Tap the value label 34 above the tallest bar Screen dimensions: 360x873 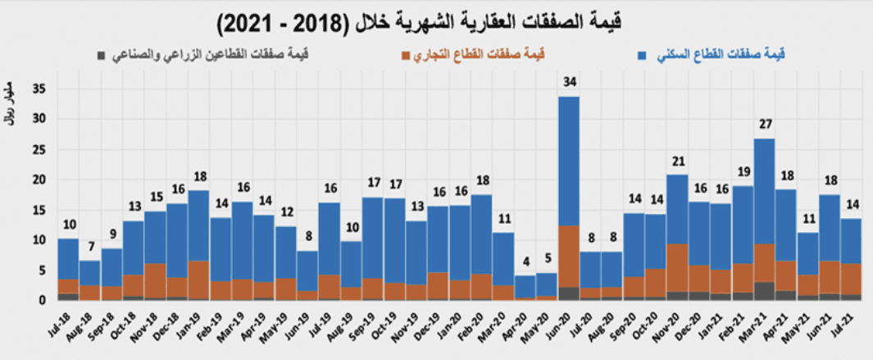click(569, 82)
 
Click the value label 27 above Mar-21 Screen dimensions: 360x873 click(764, 125)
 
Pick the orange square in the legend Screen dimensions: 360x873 click(405, 55)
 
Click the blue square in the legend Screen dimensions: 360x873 click(642, 55)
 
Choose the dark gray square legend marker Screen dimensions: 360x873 click(101, 55)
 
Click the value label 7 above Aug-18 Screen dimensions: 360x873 click(91, 247)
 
